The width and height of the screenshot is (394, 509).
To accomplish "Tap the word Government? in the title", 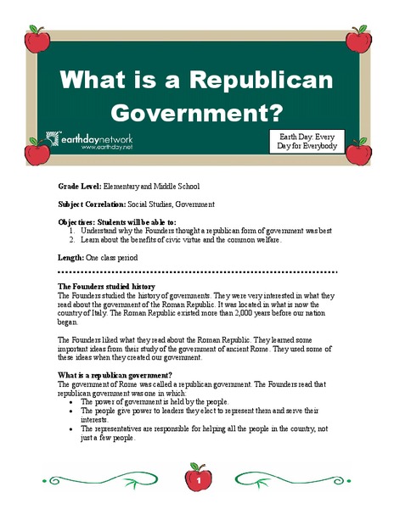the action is (197, 112).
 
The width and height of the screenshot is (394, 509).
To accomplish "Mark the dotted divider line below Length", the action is (196, 272).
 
